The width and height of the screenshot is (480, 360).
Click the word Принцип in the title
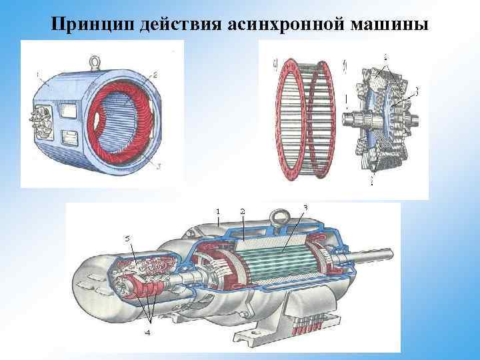tap(92, 24)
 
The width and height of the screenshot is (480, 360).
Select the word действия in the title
tap(180, 24)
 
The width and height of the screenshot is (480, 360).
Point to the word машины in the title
tap(387, 24)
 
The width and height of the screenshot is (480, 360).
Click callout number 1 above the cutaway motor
tap(217, 211)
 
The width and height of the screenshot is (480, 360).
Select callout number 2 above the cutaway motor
tap(243, 211)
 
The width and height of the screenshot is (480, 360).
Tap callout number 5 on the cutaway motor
tap(127, 237)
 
